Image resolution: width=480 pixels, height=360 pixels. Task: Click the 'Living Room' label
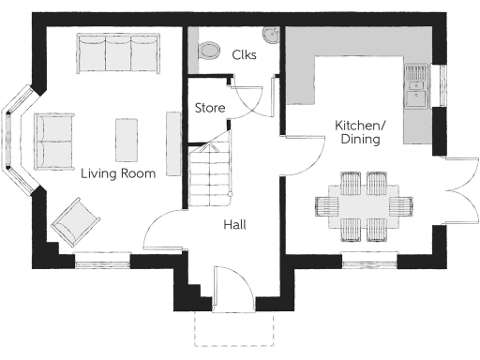[x=117, y=173]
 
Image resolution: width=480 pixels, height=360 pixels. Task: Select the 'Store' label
[x=209, y=108]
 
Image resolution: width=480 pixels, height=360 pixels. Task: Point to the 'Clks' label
[x=244, y=55]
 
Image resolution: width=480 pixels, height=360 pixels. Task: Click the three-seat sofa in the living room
[x=118, y=54]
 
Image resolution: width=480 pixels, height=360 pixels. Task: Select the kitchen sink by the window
[x=416, y=83]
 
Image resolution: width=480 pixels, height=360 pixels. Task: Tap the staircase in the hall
[x=210, y=178]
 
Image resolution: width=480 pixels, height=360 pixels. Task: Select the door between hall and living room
[x=166, y=225]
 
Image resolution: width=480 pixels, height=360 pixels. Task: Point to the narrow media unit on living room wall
[x=172, y=142]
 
